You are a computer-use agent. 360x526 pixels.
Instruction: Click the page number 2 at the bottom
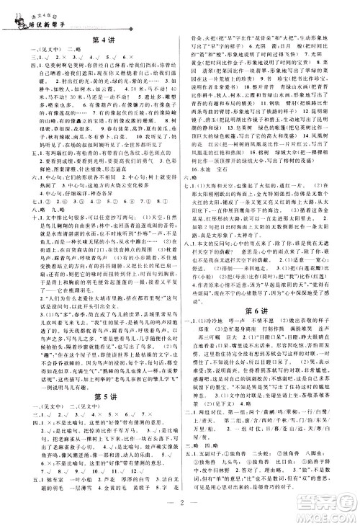180,502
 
